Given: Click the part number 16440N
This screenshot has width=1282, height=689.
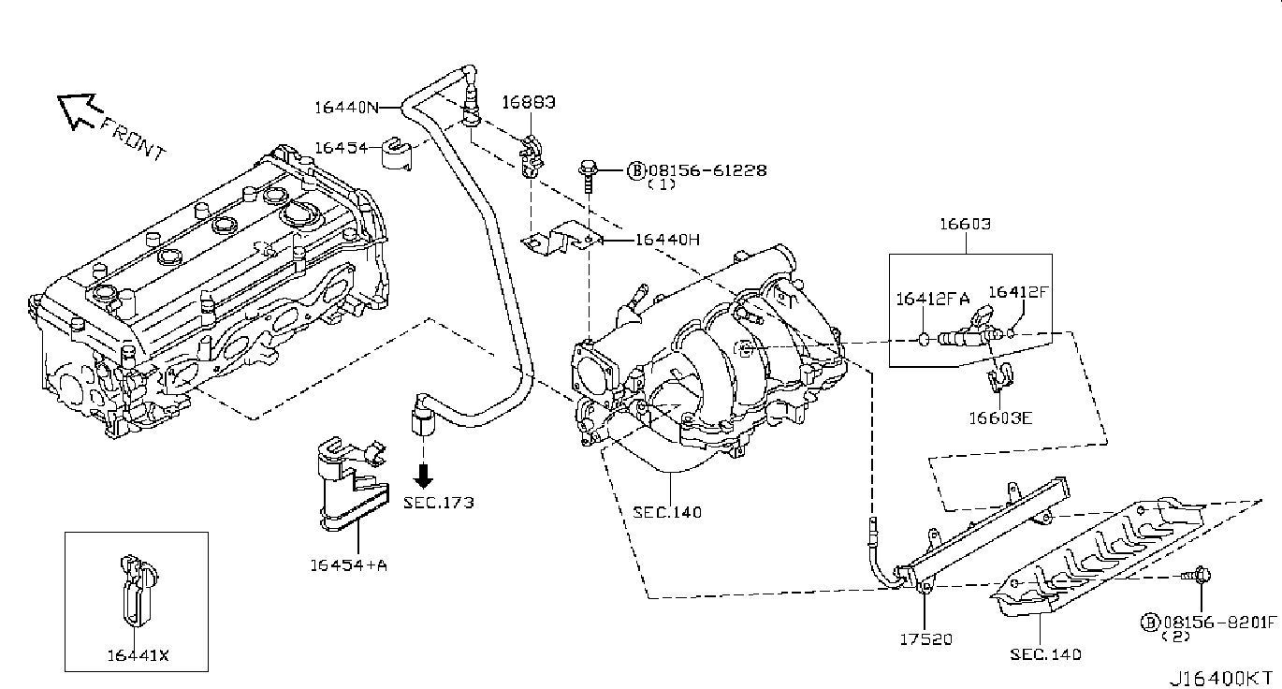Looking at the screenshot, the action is coord(347,108).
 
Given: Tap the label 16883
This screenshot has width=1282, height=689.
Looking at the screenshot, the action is coord(529,102).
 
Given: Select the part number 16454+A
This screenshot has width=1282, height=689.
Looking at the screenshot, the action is coord(348,565).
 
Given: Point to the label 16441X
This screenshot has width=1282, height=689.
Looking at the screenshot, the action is coord(138,655).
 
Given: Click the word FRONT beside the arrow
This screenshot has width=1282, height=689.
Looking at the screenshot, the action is coord(133,139).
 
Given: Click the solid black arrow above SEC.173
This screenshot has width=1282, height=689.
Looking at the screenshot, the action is coord(424,476).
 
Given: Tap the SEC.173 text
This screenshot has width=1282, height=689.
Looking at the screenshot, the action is coord(439,503).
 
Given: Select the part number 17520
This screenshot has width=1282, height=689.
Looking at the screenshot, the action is coord(926,639).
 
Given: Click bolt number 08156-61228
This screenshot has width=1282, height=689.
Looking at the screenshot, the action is coord(707,170).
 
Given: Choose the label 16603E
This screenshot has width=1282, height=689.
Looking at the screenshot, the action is coord(1000,418).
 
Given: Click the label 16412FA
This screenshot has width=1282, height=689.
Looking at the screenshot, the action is coord(932,299).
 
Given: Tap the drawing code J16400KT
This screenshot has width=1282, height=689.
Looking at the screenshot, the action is coord(1224,679).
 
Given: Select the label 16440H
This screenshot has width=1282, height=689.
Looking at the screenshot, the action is coord(667,240).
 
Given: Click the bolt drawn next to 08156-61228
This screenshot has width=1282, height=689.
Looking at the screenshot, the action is coord(588,178).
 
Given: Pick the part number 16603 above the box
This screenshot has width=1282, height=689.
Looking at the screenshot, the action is coord(965,224).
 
